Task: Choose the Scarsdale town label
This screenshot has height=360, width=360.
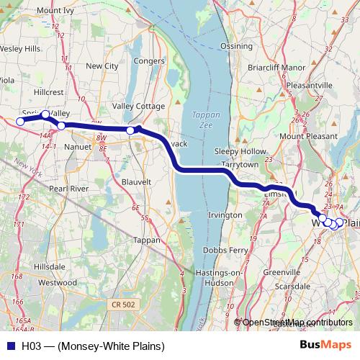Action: click(x=292, y=285)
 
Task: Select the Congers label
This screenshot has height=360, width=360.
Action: click(x=149, y=61)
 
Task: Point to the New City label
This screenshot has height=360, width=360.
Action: click(x=102, y=66)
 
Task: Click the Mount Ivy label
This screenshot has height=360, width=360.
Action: click(x=58, y=11)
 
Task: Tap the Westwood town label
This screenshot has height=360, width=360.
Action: click(x=58, y=283)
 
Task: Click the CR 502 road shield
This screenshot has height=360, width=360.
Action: click(x=124, y=305)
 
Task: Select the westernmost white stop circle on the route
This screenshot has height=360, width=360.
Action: click(x=20, y=122)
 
